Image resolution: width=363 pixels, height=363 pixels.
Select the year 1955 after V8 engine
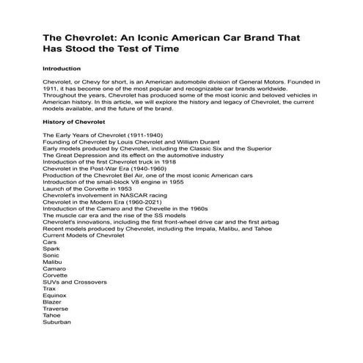pos(194,183)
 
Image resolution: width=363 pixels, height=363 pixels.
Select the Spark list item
pos(51,249)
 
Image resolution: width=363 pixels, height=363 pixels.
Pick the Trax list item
pos(49,289)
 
